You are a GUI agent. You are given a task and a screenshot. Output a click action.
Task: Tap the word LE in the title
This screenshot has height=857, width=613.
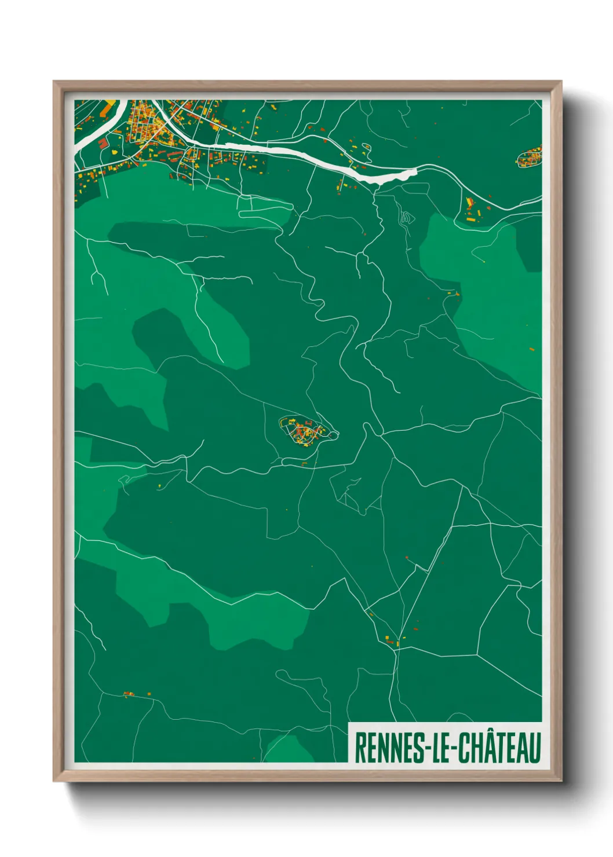pos(440,748)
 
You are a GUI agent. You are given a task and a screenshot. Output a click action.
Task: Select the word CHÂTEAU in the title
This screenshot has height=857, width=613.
pos(499,748)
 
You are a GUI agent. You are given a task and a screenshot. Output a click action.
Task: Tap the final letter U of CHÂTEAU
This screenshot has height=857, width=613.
pos(535,748)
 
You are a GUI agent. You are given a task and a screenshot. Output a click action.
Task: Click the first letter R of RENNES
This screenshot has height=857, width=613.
pos(359,748)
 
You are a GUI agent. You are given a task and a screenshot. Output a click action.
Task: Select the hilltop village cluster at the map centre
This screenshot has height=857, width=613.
pos(305,431)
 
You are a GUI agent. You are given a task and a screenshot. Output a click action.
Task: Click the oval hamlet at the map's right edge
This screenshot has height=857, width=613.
pos(529,158)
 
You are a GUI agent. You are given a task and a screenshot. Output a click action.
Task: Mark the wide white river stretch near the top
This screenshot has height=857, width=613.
pos(324,159)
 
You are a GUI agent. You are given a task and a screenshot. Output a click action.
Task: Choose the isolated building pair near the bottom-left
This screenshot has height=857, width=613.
pos(129,694)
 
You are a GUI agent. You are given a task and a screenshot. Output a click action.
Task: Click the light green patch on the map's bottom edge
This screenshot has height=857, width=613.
pos(287,749)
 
